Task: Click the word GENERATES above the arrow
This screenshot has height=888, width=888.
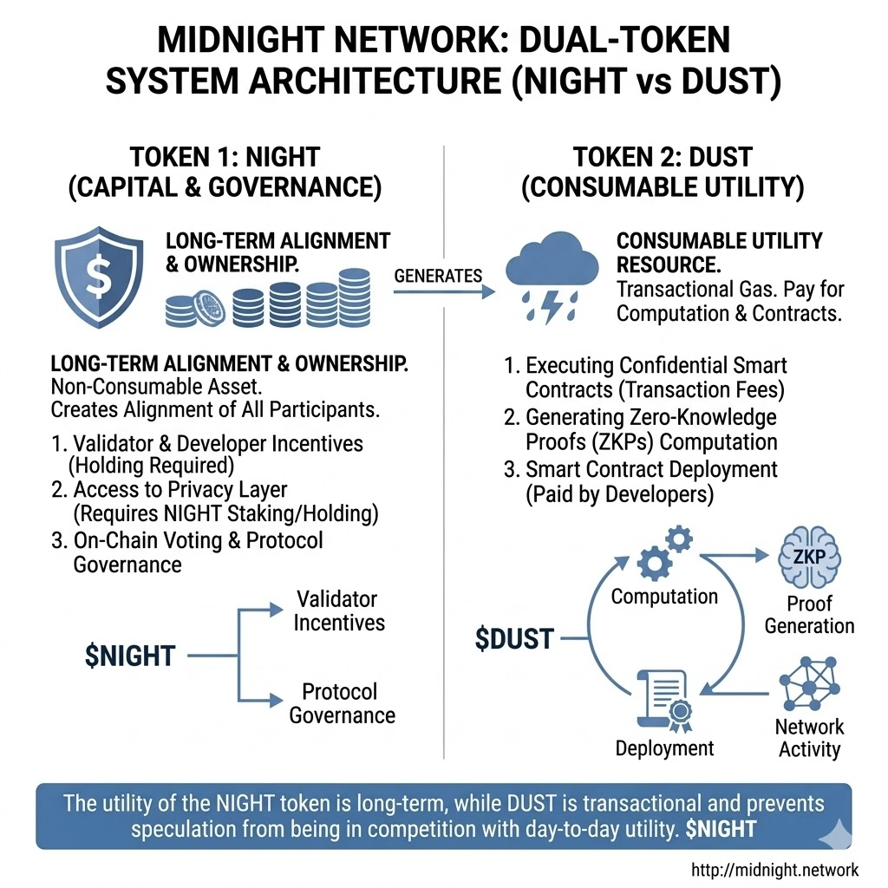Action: point(438,276)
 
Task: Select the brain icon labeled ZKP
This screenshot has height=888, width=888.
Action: point(807,559)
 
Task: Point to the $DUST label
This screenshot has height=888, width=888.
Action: point(514,638)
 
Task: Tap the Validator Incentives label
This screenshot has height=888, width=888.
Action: point(337,610)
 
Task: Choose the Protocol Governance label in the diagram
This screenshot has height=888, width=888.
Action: point(342,703)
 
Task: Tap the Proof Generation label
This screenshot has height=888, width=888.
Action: point(809,615)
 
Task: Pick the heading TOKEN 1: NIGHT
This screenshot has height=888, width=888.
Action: point(225,158)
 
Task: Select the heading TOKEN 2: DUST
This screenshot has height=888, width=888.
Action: point(662,158)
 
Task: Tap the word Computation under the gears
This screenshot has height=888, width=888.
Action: point(664,597)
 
